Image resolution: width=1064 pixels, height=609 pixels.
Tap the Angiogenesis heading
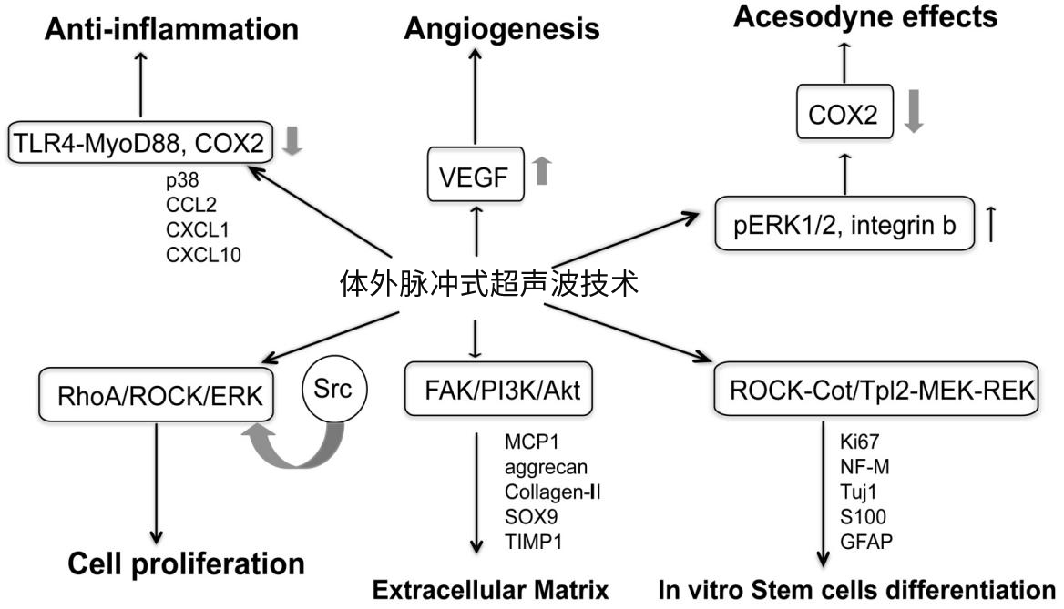click(502, 28)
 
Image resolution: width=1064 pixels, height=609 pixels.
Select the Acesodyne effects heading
click(841, 15)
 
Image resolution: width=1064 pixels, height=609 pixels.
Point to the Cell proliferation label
click(187, 563)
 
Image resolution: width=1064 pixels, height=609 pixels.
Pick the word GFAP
click(865, 542)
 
